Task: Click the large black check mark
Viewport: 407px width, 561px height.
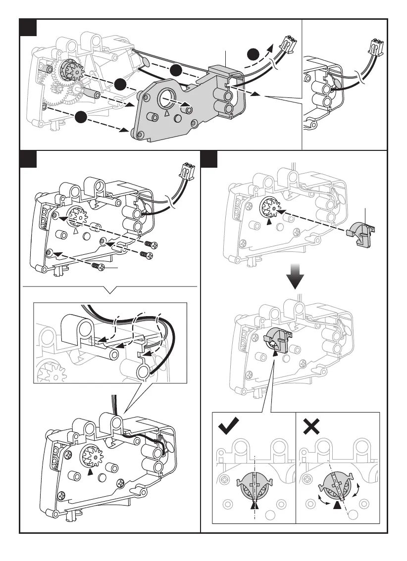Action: point(228,426)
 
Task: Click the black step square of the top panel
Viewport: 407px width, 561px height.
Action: point(30,27)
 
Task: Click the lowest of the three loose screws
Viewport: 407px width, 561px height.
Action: point(98,267)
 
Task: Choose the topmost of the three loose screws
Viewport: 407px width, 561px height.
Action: point(150,244)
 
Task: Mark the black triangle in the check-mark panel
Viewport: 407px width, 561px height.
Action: point(254,505)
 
